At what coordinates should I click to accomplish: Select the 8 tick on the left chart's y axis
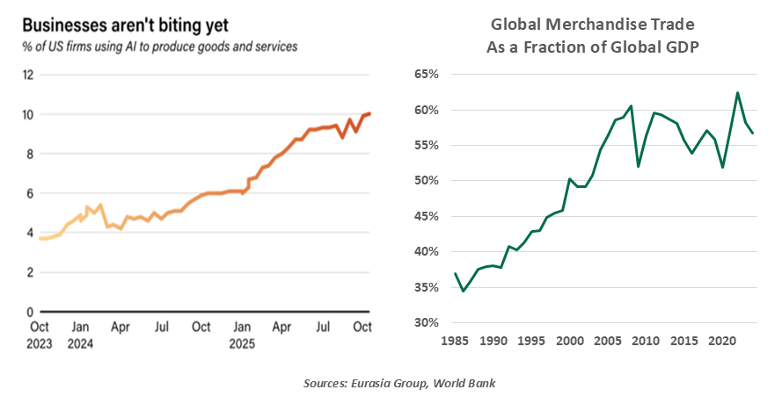(x=30, y=154)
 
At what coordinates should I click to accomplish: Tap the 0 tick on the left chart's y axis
(x=30, y=312)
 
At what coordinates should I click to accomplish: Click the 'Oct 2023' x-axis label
(x=39, y=335)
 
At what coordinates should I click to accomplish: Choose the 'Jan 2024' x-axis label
(x=79, y=335)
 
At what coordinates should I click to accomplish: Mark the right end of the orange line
(x=369, y=113)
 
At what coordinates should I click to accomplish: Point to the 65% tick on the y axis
(x=425, y=75)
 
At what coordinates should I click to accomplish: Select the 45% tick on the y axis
(x=425, y=216)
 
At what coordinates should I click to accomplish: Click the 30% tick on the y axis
(x=425, y=322)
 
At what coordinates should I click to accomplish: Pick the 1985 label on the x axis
(x=456, y=340)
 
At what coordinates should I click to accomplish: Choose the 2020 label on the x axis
(x=722, y=340)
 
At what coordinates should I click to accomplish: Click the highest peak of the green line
(x=737, y=92)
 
